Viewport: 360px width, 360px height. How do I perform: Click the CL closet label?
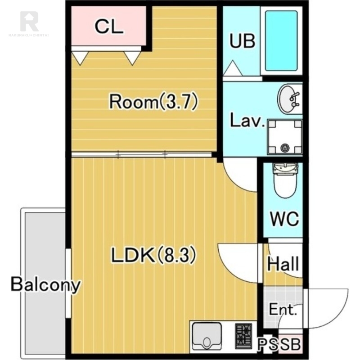click(109, 27)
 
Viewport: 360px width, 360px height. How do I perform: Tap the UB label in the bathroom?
click(243, 41)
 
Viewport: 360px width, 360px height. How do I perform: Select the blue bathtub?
click(281, 40)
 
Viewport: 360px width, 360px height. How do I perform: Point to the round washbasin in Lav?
click(290, 99)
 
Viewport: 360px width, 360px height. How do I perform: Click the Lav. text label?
click(247, 120)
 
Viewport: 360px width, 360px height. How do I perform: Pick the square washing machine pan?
click(285, 137)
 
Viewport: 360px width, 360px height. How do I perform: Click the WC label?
click(284, 219)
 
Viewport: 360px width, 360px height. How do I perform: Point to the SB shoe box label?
click(291, 344)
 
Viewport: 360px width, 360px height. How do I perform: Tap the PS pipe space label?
click(268, 344)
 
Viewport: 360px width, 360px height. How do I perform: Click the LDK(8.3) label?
click(153, 255)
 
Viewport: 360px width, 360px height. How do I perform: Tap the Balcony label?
click(46, 285)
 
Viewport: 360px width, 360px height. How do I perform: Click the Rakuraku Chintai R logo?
click(29, 21)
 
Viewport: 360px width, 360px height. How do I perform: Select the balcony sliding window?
click(68, 283)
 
